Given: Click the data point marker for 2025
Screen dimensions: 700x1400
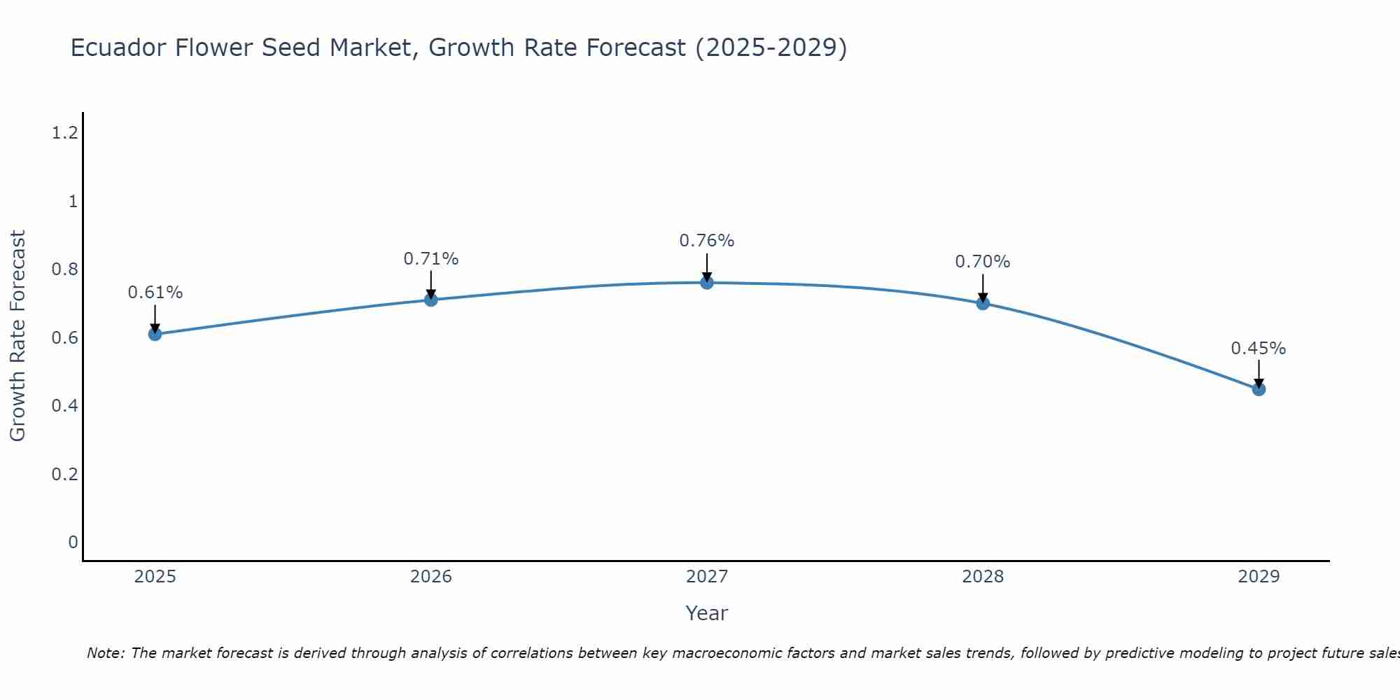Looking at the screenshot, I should pyautogui.click(x=155, y=334).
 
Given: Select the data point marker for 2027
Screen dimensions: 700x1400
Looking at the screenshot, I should pyautogui.click(x=707, y=283).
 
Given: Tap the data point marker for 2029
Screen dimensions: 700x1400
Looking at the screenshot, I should pyautogui.click(x=1259, y=389).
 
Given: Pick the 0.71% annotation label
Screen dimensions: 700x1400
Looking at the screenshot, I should pyautogui.click(x=430, y=259).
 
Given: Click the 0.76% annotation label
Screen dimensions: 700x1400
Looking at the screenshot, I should pyautogui.click(x=706, y=241).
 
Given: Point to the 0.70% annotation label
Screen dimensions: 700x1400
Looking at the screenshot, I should pyautogui.click(x=982, y=262).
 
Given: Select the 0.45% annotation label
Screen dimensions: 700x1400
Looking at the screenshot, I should pyautogui.click(x=1258, y=349).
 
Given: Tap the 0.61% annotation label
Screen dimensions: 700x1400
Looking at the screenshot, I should pyautogui.click(x=155, y=293).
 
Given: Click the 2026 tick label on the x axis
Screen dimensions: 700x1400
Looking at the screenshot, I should pyautogui.click(x=430, y=577).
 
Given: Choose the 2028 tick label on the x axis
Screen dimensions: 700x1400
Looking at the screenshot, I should pyautogui.click(x=982, y=577).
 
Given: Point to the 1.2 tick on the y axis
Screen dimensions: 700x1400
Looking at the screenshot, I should pyautogui.click(x=64, y=132).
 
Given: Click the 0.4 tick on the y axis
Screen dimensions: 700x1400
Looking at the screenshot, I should pyautogui.click(x=64, y=406).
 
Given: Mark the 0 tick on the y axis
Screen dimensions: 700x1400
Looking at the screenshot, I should pyautogui.click(x=73, y=542).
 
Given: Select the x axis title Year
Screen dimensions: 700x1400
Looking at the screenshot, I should pyautogui.click(x=706, y=613).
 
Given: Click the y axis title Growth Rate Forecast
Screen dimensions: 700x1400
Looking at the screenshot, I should pyautogui.click(x=17, y=336).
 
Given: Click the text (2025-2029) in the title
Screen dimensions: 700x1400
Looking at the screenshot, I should pyautogui.click(x=771, y=48).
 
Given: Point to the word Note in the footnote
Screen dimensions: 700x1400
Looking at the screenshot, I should pyautogui.click(x=104, y=653).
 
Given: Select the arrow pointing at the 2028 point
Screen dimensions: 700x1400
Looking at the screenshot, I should pyautogui.click(x=983, y=288).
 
